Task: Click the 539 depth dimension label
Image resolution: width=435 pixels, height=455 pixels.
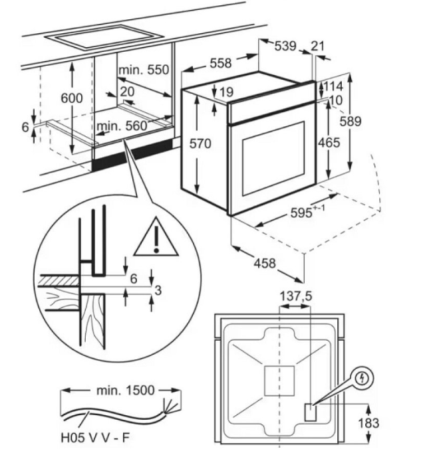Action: (x=285, y=46)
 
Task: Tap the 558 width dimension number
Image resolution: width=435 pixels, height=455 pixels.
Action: (x=221, y=63)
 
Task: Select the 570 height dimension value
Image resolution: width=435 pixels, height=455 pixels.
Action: (x=200, y=143)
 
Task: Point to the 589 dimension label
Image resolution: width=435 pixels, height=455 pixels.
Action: (x=351, y=122)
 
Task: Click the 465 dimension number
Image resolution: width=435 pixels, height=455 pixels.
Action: (x=329, y=143)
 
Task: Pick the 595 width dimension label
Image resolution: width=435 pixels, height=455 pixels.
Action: (x=307, y=212)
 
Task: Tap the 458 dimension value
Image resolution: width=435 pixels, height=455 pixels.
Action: (x=265, y=263)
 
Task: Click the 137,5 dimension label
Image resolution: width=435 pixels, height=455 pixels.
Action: (x=295, y=296)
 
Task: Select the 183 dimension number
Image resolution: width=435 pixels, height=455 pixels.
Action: (x=368, y=423)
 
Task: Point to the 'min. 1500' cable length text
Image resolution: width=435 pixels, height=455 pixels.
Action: (x=125, y=391)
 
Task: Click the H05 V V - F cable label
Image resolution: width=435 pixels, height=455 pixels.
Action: (x=94, y=438)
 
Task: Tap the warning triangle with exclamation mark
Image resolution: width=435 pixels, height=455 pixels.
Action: (x=156, y=238)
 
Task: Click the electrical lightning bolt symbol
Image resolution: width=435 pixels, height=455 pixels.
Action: (x=362, y=378)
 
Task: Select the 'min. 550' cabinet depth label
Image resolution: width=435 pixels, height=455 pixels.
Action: (x=144, y=70)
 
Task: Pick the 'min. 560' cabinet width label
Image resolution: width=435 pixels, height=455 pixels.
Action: (x=122, y=126)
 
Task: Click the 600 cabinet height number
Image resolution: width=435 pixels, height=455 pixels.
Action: (x=71, y=98)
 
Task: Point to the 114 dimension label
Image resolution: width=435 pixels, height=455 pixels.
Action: (x=333, y=86)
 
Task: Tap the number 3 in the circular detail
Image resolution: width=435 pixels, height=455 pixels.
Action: (x=158, y=290)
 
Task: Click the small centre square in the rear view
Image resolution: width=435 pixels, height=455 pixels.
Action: (x=279, y=381)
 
